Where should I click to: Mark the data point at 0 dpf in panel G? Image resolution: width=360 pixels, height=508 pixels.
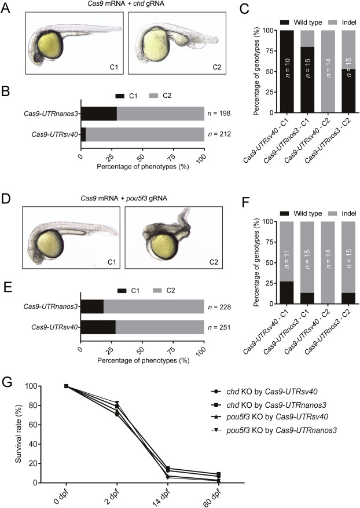[x=66, y=386]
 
